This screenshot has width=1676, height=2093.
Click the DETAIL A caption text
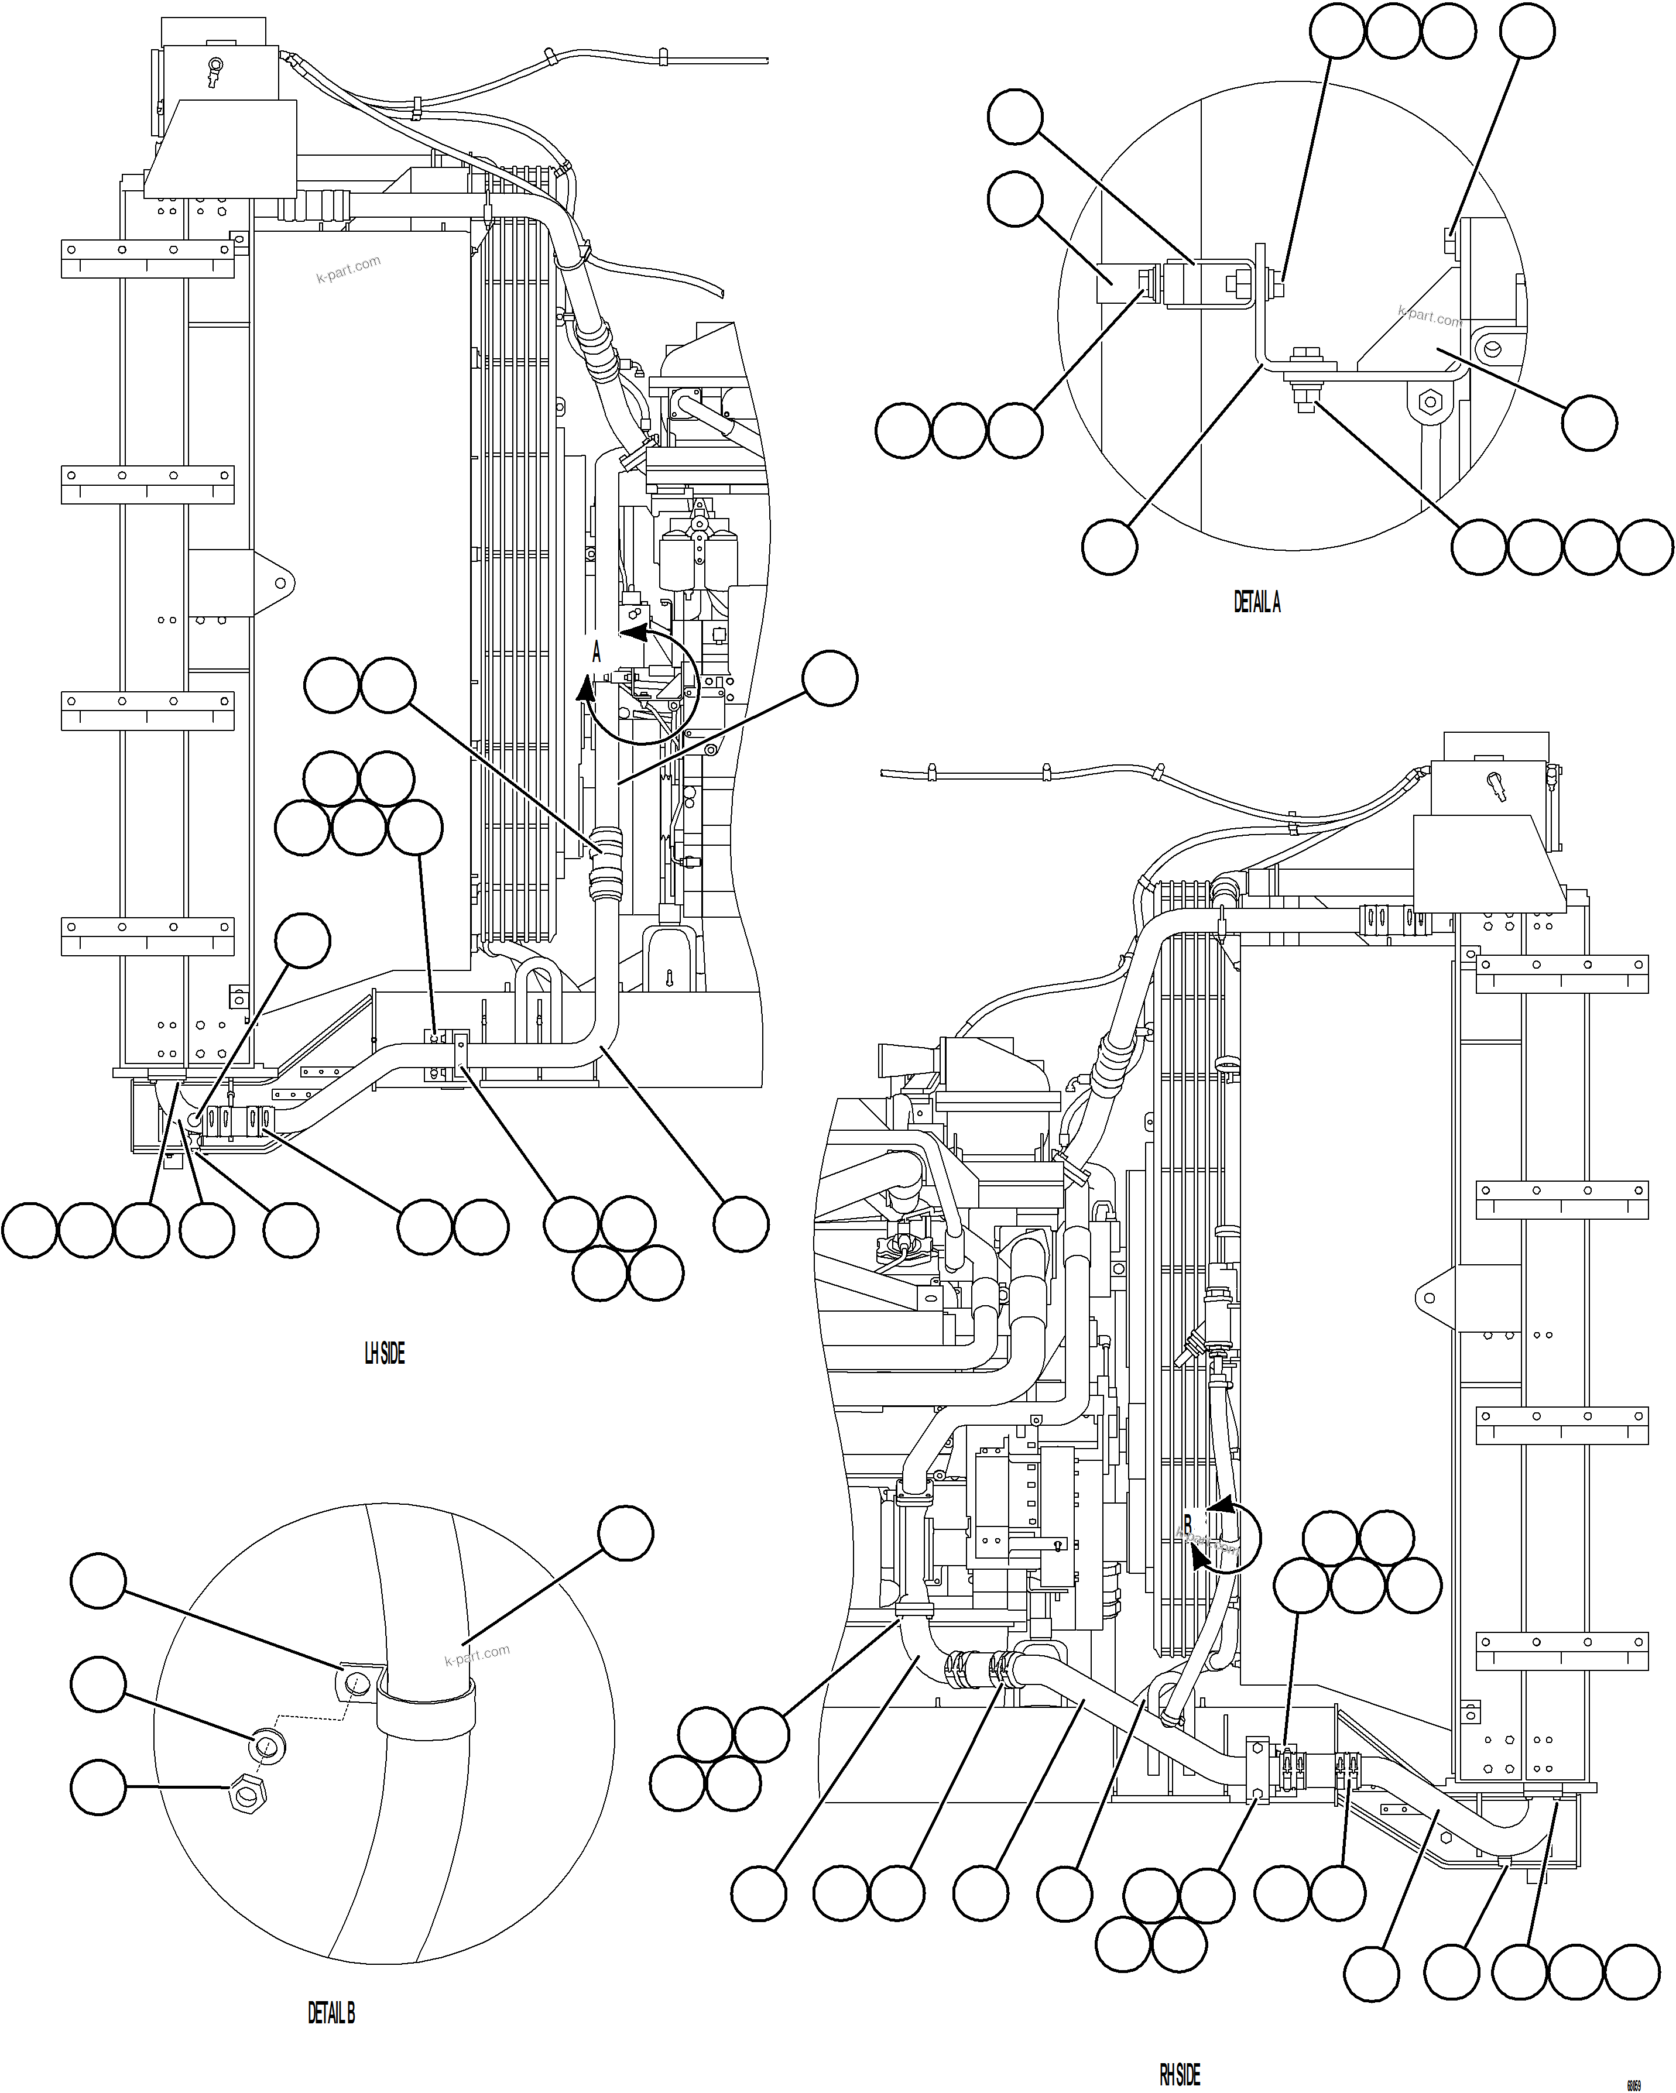coord(1256,603)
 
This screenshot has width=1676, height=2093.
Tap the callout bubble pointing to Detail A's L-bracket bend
coord(1109,547)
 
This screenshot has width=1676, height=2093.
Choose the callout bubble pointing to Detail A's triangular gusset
coord(1589,423)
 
